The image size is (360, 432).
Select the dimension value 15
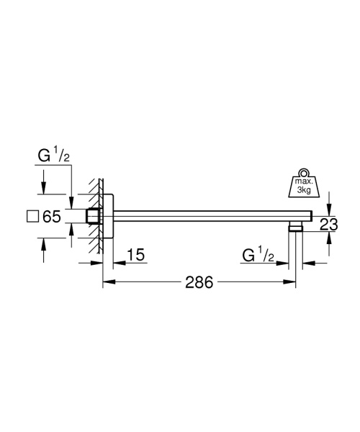click(135, 254)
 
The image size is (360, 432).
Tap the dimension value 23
click(328, 225)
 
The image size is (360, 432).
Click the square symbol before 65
click(31, 215)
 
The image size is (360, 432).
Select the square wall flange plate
click(108, 215)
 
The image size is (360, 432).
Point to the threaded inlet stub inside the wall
click(93, 215)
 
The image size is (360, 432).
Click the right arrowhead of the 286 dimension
click(293, 283)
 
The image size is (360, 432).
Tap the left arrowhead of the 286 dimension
click(107, 283)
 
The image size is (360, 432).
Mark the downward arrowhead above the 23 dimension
click(328, 207)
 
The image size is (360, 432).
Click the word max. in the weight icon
click(303, 184)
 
